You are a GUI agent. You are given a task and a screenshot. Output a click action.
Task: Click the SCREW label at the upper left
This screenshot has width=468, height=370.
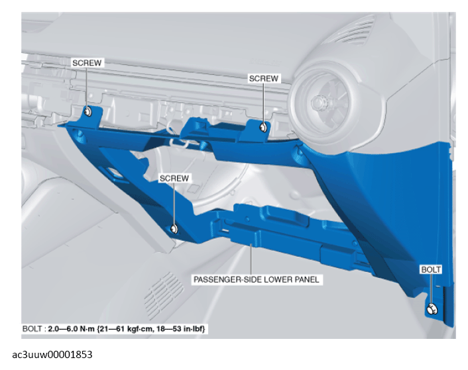(87, 63)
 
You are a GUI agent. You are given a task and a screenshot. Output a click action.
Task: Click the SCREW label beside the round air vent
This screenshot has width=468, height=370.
(264, 78)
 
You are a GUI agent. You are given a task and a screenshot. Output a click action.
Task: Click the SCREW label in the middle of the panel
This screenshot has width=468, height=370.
(174, 178)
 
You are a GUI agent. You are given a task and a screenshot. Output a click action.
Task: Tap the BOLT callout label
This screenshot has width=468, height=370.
(431, 269)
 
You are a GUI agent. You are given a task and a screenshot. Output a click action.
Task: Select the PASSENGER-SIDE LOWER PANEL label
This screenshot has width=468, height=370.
(257, 279)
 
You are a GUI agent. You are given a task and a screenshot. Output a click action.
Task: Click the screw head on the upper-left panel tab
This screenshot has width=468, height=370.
(88, 112)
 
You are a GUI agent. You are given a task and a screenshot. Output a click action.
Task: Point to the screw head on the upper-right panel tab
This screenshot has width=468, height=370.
(263, 128)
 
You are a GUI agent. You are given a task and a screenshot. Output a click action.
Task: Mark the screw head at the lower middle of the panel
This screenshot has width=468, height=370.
(174, 229)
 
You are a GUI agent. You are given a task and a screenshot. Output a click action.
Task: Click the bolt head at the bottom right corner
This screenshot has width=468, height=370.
(432, 309)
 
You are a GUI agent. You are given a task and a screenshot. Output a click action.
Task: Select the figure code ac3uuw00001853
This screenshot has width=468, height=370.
(52, 355)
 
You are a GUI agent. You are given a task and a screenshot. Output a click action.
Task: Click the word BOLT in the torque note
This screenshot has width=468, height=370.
(32, 329)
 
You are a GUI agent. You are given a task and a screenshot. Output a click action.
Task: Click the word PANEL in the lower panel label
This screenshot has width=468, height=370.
(307, 279)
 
